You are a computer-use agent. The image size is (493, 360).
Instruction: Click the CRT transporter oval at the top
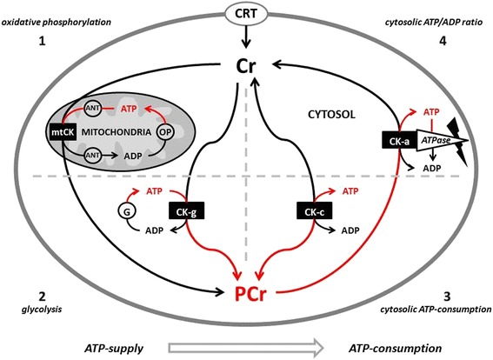click(246, 14)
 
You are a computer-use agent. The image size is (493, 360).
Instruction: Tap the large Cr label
click(246, 66)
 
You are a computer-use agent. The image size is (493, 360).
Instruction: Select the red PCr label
click(250, 294)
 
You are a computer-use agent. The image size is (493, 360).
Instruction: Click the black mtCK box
click(63, 132)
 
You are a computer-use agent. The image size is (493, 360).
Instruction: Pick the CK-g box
click(186, 211)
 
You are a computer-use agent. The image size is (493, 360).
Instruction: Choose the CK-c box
click(315, 211)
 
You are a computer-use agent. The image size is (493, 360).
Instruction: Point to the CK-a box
click(399, 140)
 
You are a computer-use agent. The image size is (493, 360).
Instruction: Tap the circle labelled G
click(127, 212)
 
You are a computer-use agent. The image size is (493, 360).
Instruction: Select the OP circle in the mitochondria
click(166, 132)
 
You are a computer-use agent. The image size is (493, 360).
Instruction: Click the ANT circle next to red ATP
click(93, 108)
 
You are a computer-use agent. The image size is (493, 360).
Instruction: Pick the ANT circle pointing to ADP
click(93, 155)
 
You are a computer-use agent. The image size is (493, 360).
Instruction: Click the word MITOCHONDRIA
click(117, 132)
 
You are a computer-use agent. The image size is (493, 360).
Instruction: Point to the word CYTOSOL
click(331, 115)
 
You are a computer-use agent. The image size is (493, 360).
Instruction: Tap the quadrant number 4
click(443, 41)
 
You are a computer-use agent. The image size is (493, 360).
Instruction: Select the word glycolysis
click(42, 310)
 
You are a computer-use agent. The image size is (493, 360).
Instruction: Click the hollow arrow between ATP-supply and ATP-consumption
click(246, 348)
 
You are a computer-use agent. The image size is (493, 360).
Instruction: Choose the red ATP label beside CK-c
click(350, 191)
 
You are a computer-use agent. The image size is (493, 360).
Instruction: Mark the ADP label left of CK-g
click(154, 230)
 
